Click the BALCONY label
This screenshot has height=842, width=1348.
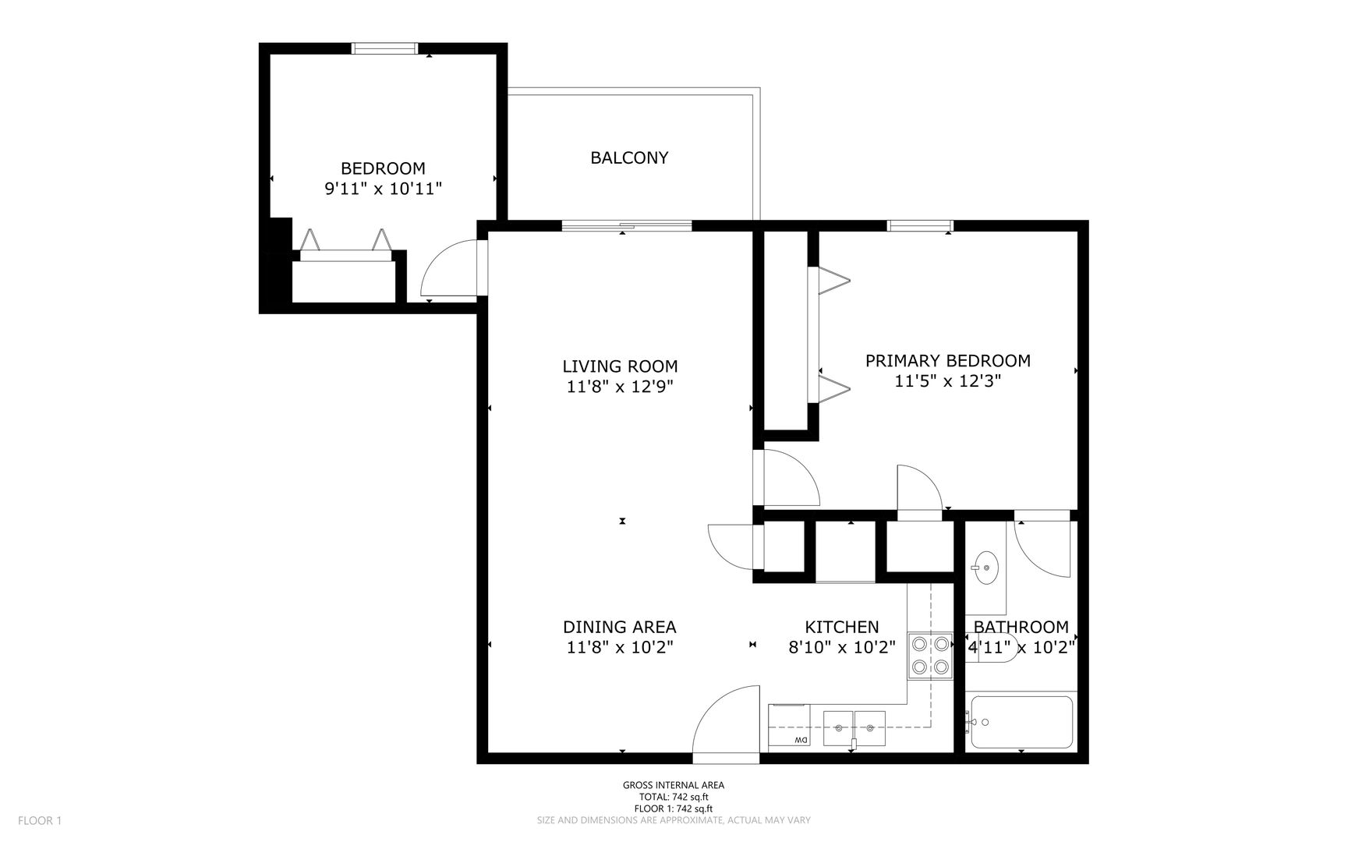629,157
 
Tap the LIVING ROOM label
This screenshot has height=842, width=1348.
620,366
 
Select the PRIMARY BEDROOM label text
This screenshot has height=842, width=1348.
947,360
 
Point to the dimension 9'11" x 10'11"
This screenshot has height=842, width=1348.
383,189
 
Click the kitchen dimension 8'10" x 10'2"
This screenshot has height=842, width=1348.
842,646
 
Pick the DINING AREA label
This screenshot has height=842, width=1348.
620,627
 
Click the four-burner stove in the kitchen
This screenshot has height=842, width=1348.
931,655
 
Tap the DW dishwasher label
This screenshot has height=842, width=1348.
801,740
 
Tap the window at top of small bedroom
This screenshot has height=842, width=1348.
384,48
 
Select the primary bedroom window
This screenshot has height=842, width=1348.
920,226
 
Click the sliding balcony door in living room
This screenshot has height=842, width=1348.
627,226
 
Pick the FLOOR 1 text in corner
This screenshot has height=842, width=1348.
39,820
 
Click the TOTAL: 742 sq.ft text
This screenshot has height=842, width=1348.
674,797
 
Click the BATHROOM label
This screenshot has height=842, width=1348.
1021,627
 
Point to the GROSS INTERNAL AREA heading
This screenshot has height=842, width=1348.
674,785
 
